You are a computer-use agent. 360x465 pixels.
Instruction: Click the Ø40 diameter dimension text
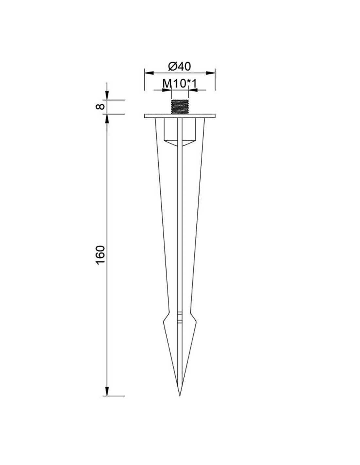179,66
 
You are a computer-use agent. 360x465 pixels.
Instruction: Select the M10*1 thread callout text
179,84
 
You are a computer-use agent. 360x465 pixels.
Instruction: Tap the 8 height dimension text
100,107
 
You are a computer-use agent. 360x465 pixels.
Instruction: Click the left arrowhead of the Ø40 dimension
149,73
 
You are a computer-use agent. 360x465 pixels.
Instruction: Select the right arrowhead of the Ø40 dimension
210,73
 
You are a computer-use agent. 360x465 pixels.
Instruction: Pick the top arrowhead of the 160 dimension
107,119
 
